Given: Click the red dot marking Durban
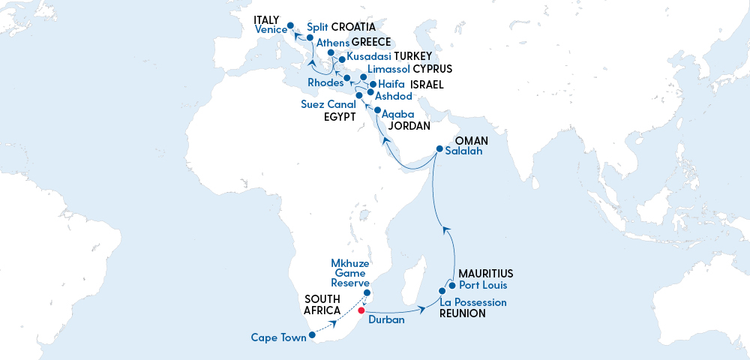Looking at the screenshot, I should pos(361,310).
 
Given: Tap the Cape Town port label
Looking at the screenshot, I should pos(279,337).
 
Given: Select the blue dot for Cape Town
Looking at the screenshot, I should pos(312,335).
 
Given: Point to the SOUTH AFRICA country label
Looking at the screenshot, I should pos(322,304).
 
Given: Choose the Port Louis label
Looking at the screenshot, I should pos(483,285).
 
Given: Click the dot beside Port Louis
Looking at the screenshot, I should pos(452,285).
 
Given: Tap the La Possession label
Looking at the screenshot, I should pos(473,302).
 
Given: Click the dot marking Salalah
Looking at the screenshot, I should pos(439,148).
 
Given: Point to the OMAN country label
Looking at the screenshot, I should pos(472,140).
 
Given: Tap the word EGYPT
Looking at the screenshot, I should pos(339,117).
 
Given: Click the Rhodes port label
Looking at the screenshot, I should pos(325,82).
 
